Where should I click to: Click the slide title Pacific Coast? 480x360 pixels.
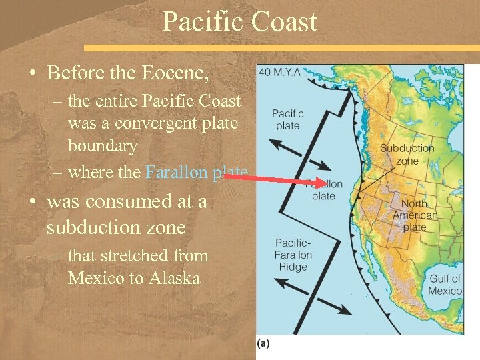240,22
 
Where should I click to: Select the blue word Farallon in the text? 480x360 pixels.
175,172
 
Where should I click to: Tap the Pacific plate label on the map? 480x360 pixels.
287,119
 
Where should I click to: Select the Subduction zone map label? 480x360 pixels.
407,154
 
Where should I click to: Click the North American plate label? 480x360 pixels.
415,215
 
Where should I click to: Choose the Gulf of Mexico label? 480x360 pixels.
445,285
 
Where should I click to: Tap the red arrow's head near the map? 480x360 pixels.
323,182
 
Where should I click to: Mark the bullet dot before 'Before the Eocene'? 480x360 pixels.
32,71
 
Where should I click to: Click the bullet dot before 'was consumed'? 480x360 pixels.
32,201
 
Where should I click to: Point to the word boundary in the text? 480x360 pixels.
102,146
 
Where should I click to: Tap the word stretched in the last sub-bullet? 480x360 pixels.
137,255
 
